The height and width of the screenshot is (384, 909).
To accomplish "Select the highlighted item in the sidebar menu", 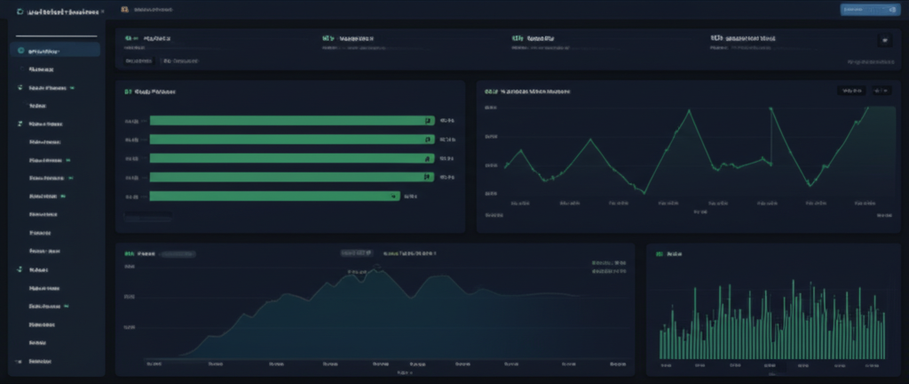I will click(57, 51).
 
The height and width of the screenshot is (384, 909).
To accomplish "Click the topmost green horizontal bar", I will click(289, 120).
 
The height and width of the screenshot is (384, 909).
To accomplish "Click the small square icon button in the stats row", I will click(883, 40).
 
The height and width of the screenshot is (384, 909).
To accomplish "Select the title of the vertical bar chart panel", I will click(673, 253).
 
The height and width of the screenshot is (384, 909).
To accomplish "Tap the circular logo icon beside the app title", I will click(20, 13).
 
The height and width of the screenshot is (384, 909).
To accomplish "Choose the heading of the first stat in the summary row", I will click(156, 39).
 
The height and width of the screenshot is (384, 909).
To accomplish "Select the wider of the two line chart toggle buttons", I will click(850, 91).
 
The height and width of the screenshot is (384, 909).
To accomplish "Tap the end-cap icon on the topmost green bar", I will click(427, 120).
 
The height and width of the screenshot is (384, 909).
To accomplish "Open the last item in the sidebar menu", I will click(39, 362).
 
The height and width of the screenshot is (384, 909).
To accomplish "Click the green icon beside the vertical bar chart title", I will click(659, 253).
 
